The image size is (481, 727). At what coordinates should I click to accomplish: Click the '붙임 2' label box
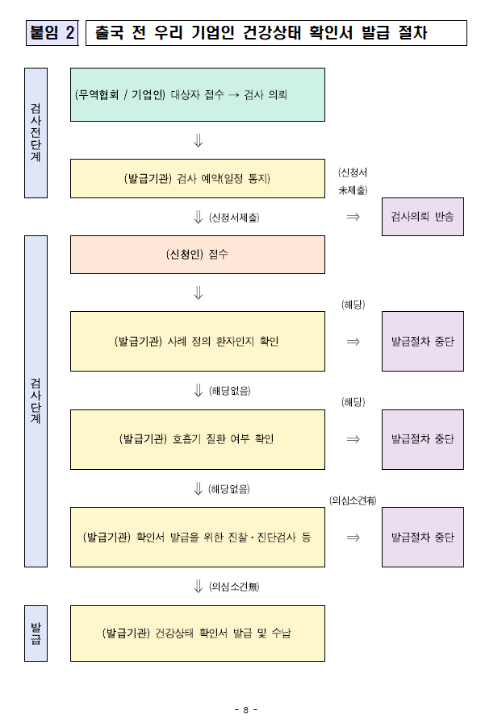click(52, 33)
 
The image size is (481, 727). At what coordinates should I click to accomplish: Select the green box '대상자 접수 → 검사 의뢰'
click(198, 94)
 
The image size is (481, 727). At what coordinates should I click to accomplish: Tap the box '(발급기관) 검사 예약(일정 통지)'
click(198, 178)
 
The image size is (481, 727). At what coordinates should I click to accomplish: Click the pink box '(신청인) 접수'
click(198, 254)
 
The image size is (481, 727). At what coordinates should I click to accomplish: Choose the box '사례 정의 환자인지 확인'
click(198, 341)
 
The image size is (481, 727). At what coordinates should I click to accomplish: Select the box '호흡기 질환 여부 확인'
click(198, 439)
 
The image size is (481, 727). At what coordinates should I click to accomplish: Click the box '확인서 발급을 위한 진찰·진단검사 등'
click(198, 537)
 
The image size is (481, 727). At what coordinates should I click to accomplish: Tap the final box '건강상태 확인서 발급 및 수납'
click(198, 634)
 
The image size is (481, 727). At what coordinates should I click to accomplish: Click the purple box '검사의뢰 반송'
click(422, 217)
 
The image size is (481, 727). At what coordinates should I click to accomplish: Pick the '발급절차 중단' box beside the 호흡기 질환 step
click(422, 439)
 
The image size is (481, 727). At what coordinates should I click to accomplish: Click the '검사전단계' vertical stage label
click(36, 132)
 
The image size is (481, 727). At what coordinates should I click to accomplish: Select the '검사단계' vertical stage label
click(36, 401)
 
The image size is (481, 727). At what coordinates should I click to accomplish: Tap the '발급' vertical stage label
click(36, 634)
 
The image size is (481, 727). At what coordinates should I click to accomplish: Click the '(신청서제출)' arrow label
click(234, 218)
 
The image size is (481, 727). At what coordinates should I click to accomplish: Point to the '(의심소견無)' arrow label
click(234, 586)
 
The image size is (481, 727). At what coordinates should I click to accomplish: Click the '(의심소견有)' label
click(353, 501)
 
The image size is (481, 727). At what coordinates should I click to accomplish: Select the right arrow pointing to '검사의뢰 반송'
click(353, 217)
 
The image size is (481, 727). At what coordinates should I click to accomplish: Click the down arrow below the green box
click(198, 141)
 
